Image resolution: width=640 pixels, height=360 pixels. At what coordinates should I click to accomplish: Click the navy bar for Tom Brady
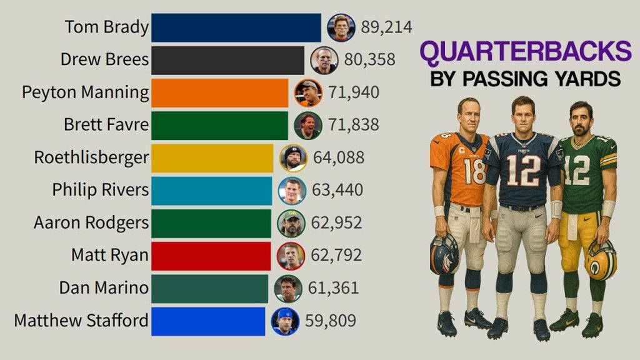(x=236, y=27)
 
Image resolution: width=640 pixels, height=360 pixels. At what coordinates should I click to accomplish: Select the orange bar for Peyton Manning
(x=220, y=92)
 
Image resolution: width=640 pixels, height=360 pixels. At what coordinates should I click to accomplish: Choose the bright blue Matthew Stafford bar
(x=208, y=321)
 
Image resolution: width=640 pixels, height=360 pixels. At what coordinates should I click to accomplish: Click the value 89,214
(x=386, y=27)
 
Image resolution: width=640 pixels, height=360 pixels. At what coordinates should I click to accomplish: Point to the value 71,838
(x=353, y=125)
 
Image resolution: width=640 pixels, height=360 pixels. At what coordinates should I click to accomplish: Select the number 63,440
(x=337, y=190)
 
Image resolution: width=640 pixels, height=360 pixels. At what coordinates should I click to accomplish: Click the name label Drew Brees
(x=105, y=60)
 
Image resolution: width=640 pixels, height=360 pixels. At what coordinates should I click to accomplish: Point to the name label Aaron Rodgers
(x=91, y=223)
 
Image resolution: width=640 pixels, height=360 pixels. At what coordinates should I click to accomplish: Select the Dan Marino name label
(x=104, y=288)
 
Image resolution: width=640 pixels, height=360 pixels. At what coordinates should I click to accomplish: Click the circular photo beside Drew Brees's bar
(x=324, y=60)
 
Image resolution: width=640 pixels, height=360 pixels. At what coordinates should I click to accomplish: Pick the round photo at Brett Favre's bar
(x=308, y=125)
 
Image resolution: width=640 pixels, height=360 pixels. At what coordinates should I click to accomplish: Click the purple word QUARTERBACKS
(x=525, y=52)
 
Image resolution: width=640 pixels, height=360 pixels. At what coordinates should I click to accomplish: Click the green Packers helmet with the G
(x=601, y=259)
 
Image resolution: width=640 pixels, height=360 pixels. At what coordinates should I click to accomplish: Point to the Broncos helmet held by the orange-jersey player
(x=444, y=253)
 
